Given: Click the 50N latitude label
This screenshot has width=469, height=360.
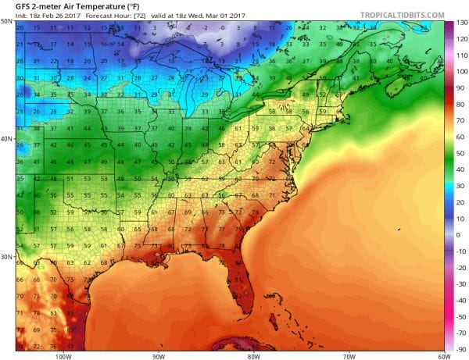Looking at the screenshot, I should (x=7, y=22).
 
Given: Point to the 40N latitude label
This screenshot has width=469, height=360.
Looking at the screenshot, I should (x=7, y=139).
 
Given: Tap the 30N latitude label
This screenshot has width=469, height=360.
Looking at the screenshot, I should (x=7, y=256).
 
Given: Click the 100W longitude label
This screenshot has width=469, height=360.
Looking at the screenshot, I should (x=65, y=356).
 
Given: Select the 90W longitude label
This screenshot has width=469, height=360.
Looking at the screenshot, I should (x=159, y=356).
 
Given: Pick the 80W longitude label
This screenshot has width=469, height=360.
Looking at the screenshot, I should (x=252, y=356).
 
